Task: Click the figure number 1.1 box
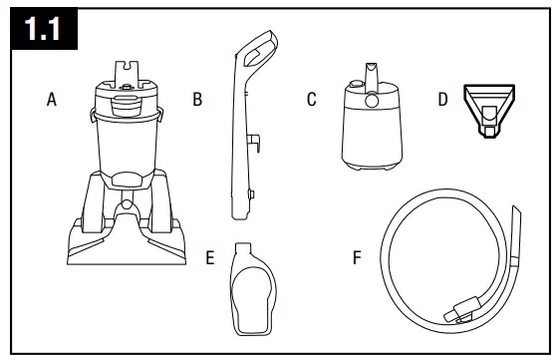click(44, 28)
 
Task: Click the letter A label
click(52, 99)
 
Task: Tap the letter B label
click(197, 99)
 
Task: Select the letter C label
click(312, 99)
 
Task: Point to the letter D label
click(442, 99)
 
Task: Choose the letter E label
click(210, 257)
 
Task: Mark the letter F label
click(357, 257)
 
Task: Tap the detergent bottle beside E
click(252, 289)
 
